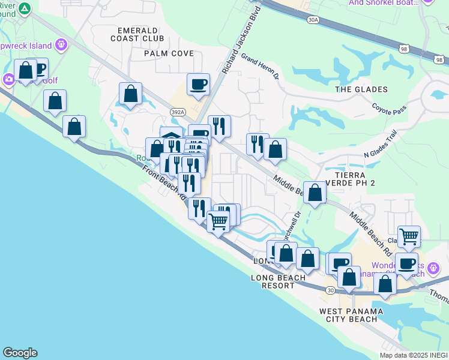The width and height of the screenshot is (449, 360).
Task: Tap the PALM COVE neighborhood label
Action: point(164,53)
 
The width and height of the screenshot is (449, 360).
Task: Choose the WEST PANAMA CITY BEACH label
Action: point(348,315)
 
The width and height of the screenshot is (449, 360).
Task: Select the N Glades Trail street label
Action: point(381,147)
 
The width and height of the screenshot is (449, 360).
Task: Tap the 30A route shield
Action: point(312,20)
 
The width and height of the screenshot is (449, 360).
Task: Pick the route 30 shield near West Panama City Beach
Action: point(331,290)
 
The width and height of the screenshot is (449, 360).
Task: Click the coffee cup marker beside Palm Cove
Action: point(197,84)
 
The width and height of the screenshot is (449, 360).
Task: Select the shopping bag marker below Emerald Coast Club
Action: point(130,93)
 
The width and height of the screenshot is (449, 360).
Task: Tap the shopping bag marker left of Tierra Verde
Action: point(315,192)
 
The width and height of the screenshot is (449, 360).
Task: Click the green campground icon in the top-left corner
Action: point(25,8)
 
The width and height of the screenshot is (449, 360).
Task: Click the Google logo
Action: point(20,353)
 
